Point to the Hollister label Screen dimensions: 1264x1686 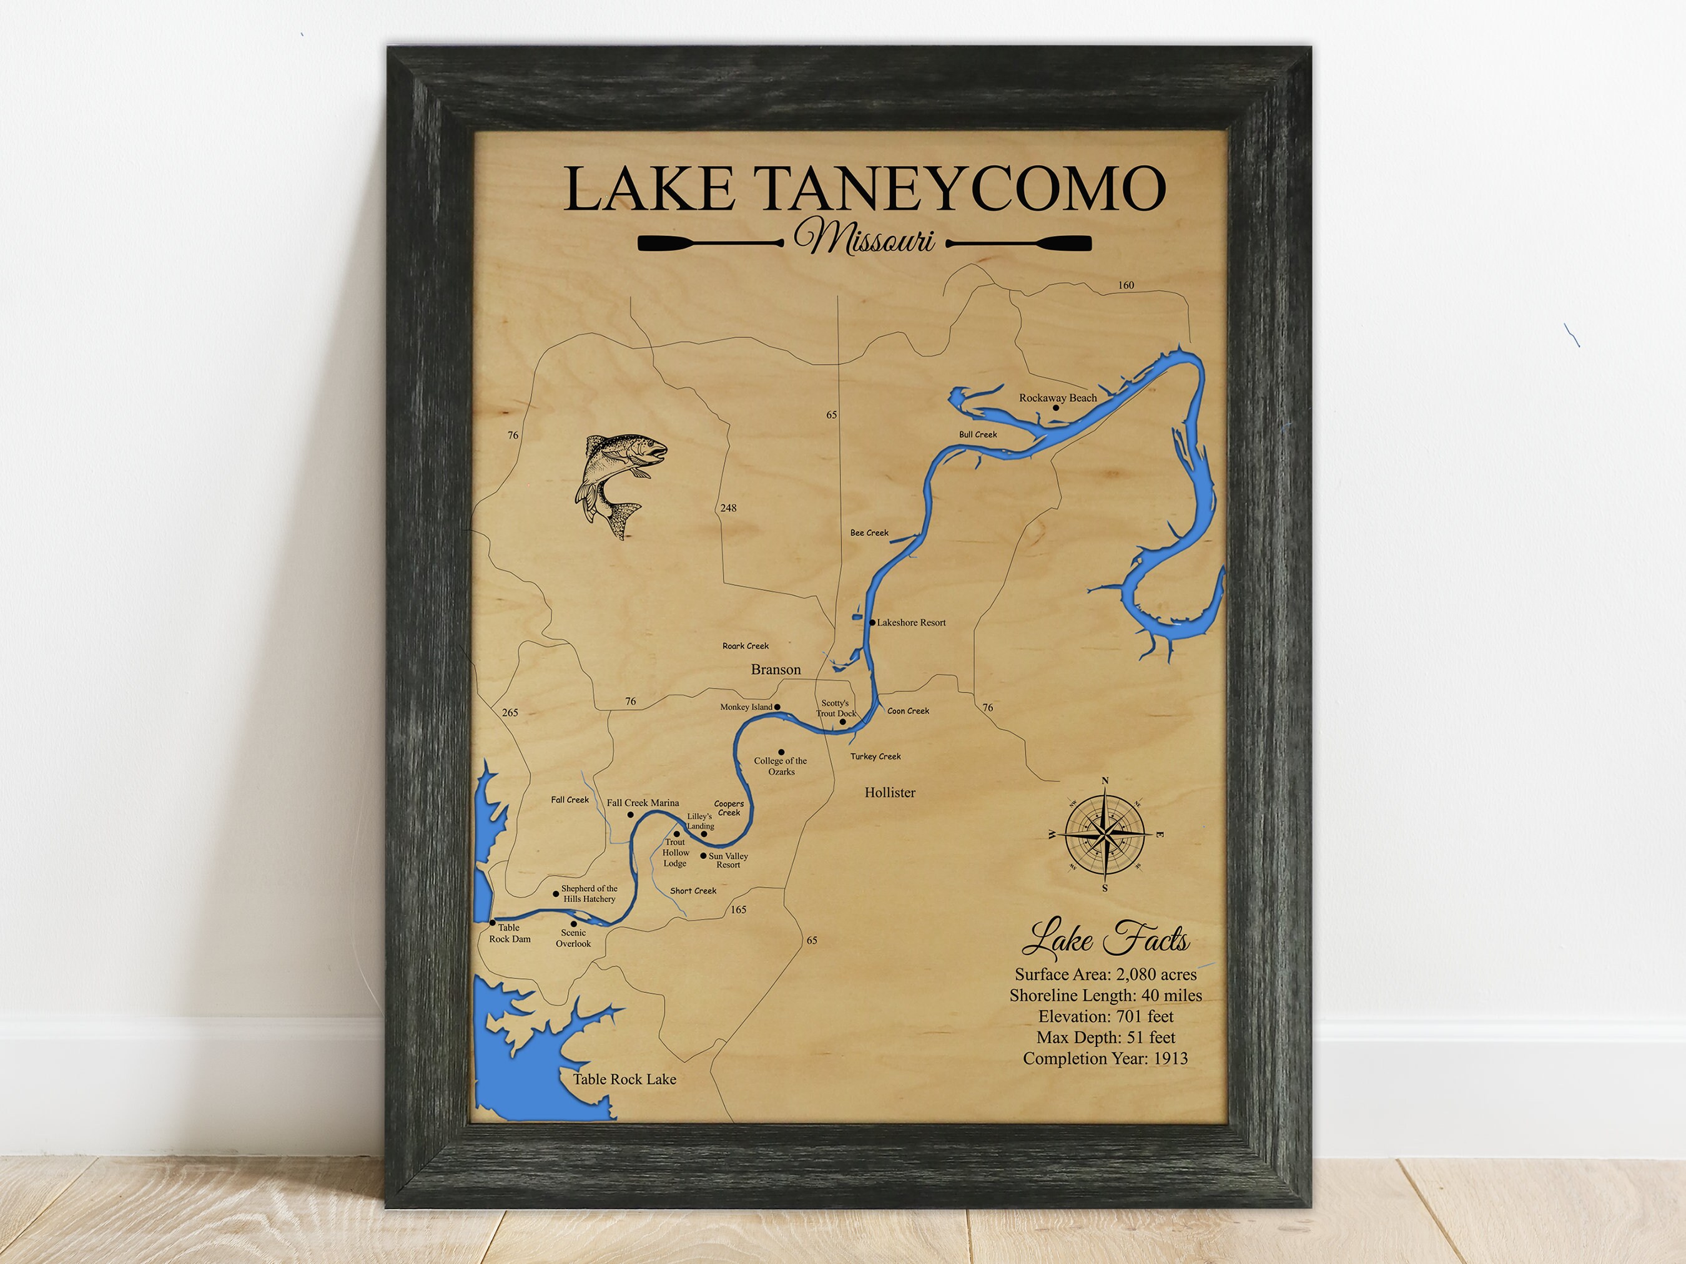tap(889, 792)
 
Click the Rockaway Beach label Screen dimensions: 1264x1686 tap(1057, 398)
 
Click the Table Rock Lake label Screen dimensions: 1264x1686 tap(624, 1079)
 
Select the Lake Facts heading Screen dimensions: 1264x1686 tap(1105, 939)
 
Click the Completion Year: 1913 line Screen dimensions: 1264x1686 tap(1105, 1058)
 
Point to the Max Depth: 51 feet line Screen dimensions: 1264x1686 tap(1105, 1037)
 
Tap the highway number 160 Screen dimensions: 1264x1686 tap(1126, 285)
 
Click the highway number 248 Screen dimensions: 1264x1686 tap(728, 508)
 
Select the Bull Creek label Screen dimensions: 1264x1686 tap(978, 434)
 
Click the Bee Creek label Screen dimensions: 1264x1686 tap(869, 533)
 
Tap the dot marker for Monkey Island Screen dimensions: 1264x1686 tap(777, 707)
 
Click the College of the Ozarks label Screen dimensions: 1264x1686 tap(781, 766)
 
